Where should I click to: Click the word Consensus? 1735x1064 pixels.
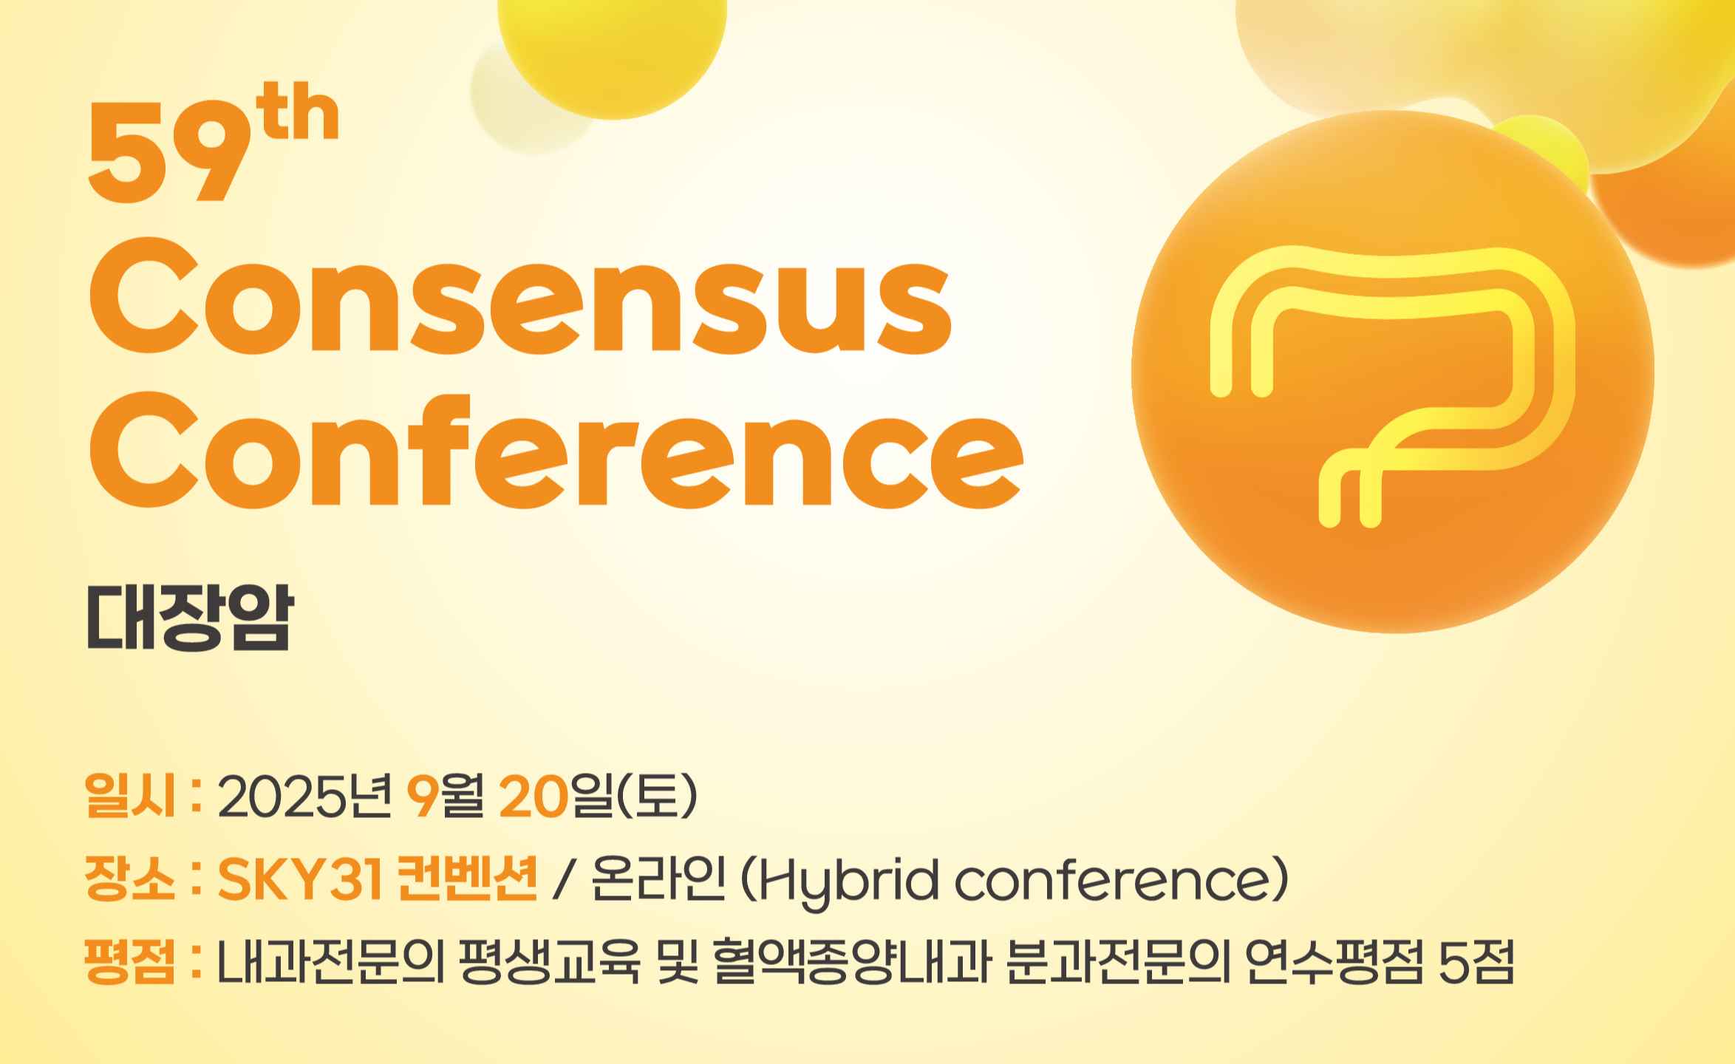point(520,296)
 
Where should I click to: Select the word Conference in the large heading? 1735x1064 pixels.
point(556,451)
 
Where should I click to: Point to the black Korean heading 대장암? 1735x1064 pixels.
point(191,618)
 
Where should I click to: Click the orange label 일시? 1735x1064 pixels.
point(130,795)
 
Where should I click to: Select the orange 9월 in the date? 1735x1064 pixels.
point(446,796)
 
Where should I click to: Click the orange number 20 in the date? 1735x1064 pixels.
point(534,797)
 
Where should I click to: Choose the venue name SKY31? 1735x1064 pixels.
point(300,879)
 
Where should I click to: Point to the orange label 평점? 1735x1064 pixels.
point(130,961)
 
